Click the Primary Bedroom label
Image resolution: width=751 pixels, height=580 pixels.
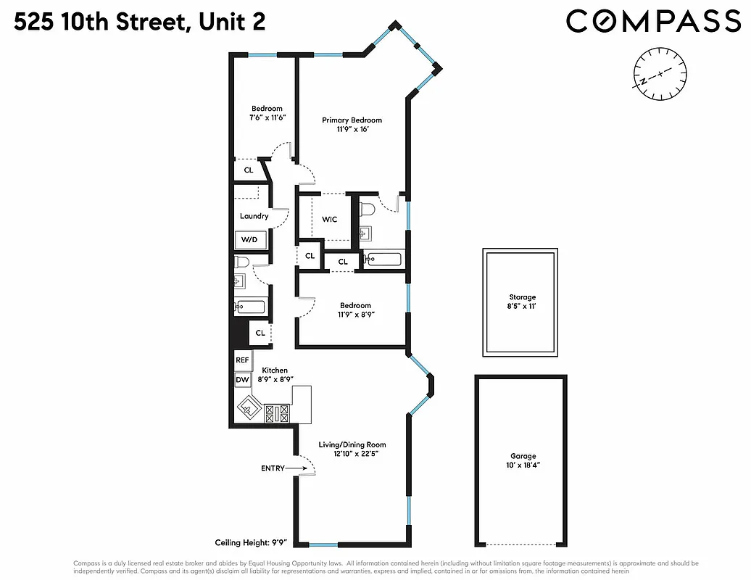(352, 120)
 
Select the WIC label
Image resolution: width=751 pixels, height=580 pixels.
(329, 220)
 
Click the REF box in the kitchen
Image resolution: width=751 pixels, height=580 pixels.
(242, 360)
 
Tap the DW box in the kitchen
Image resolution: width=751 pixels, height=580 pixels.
(242, 379)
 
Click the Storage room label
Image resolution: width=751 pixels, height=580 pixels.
(522, 297)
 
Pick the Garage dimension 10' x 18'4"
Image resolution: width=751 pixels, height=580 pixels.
(521, 465)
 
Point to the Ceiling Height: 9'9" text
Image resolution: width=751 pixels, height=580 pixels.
(252, 542)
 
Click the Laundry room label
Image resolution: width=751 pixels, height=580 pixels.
(254, 216)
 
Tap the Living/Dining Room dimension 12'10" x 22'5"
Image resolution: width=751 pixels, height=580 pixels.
(352, 454)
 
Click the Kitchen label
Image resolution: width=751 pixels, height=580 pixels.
(275, 370)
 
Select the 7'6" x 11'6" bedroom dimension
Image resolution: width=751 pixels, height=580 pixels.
(267, 117)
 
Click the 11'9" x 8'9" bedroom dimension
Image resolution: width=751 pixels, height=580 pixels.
(355, 315)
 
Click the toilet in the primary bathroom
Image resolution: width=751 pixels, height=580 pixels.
(367, 210)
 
